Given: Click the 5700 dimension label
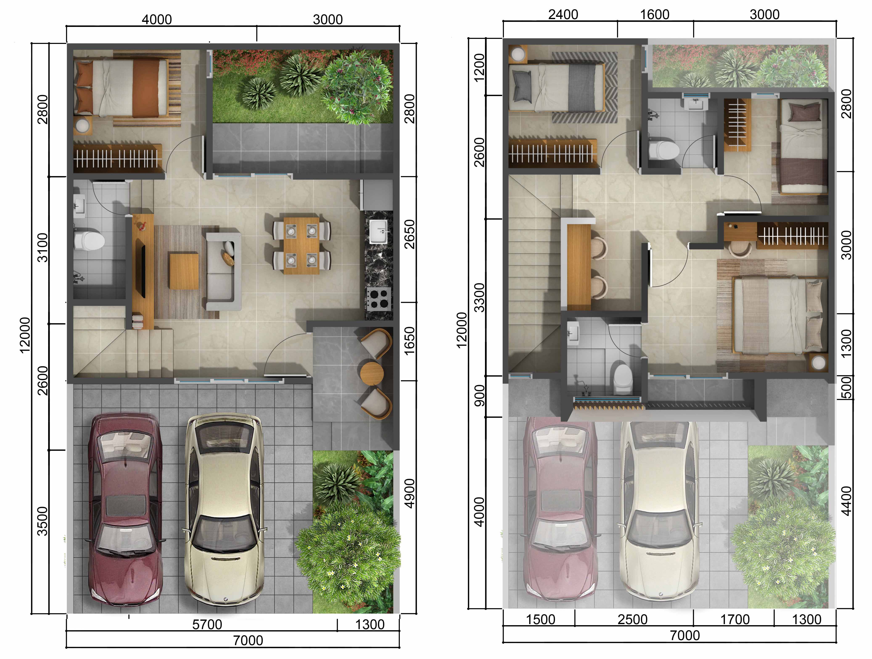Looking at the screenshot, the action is [207, 624].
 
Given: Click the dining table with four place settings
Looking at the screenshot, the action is [302, 245].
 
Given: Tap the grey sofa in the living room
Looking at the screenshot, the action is [223, 271].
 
